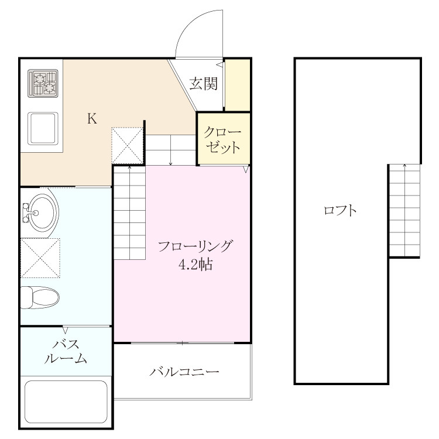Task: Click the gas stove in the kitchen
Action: coord(43,84)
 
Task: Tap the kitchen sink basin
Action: coord(43,129)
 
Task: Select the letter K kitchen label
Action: coord(92,118)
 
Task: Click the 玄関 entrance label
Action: coord(204,84)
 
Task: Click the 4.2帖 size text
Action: coord(196,265)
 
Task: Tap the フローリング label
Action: coord(195,246)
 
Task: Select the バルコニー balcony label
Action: coord(184,372)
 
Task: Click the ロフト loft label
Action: coord(340,210)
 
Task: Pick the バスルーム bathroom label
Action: coord(66,351)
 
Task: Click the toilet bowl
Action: coord(40,297)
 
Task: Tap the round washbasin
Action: coord(42,213)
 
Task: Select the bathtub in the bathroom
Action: coord(66,401)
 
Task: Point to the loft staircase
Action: coord(405,210)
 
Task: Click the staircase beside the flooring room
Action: coord(129,212)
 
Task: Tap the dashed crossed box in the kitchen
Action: coord(128,146)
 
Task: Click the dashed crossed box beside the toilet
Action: coord(40,258)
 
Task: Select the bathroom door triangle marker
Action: coord(65,330)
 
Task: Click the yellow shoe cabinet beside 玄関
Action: coord(238,85)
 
